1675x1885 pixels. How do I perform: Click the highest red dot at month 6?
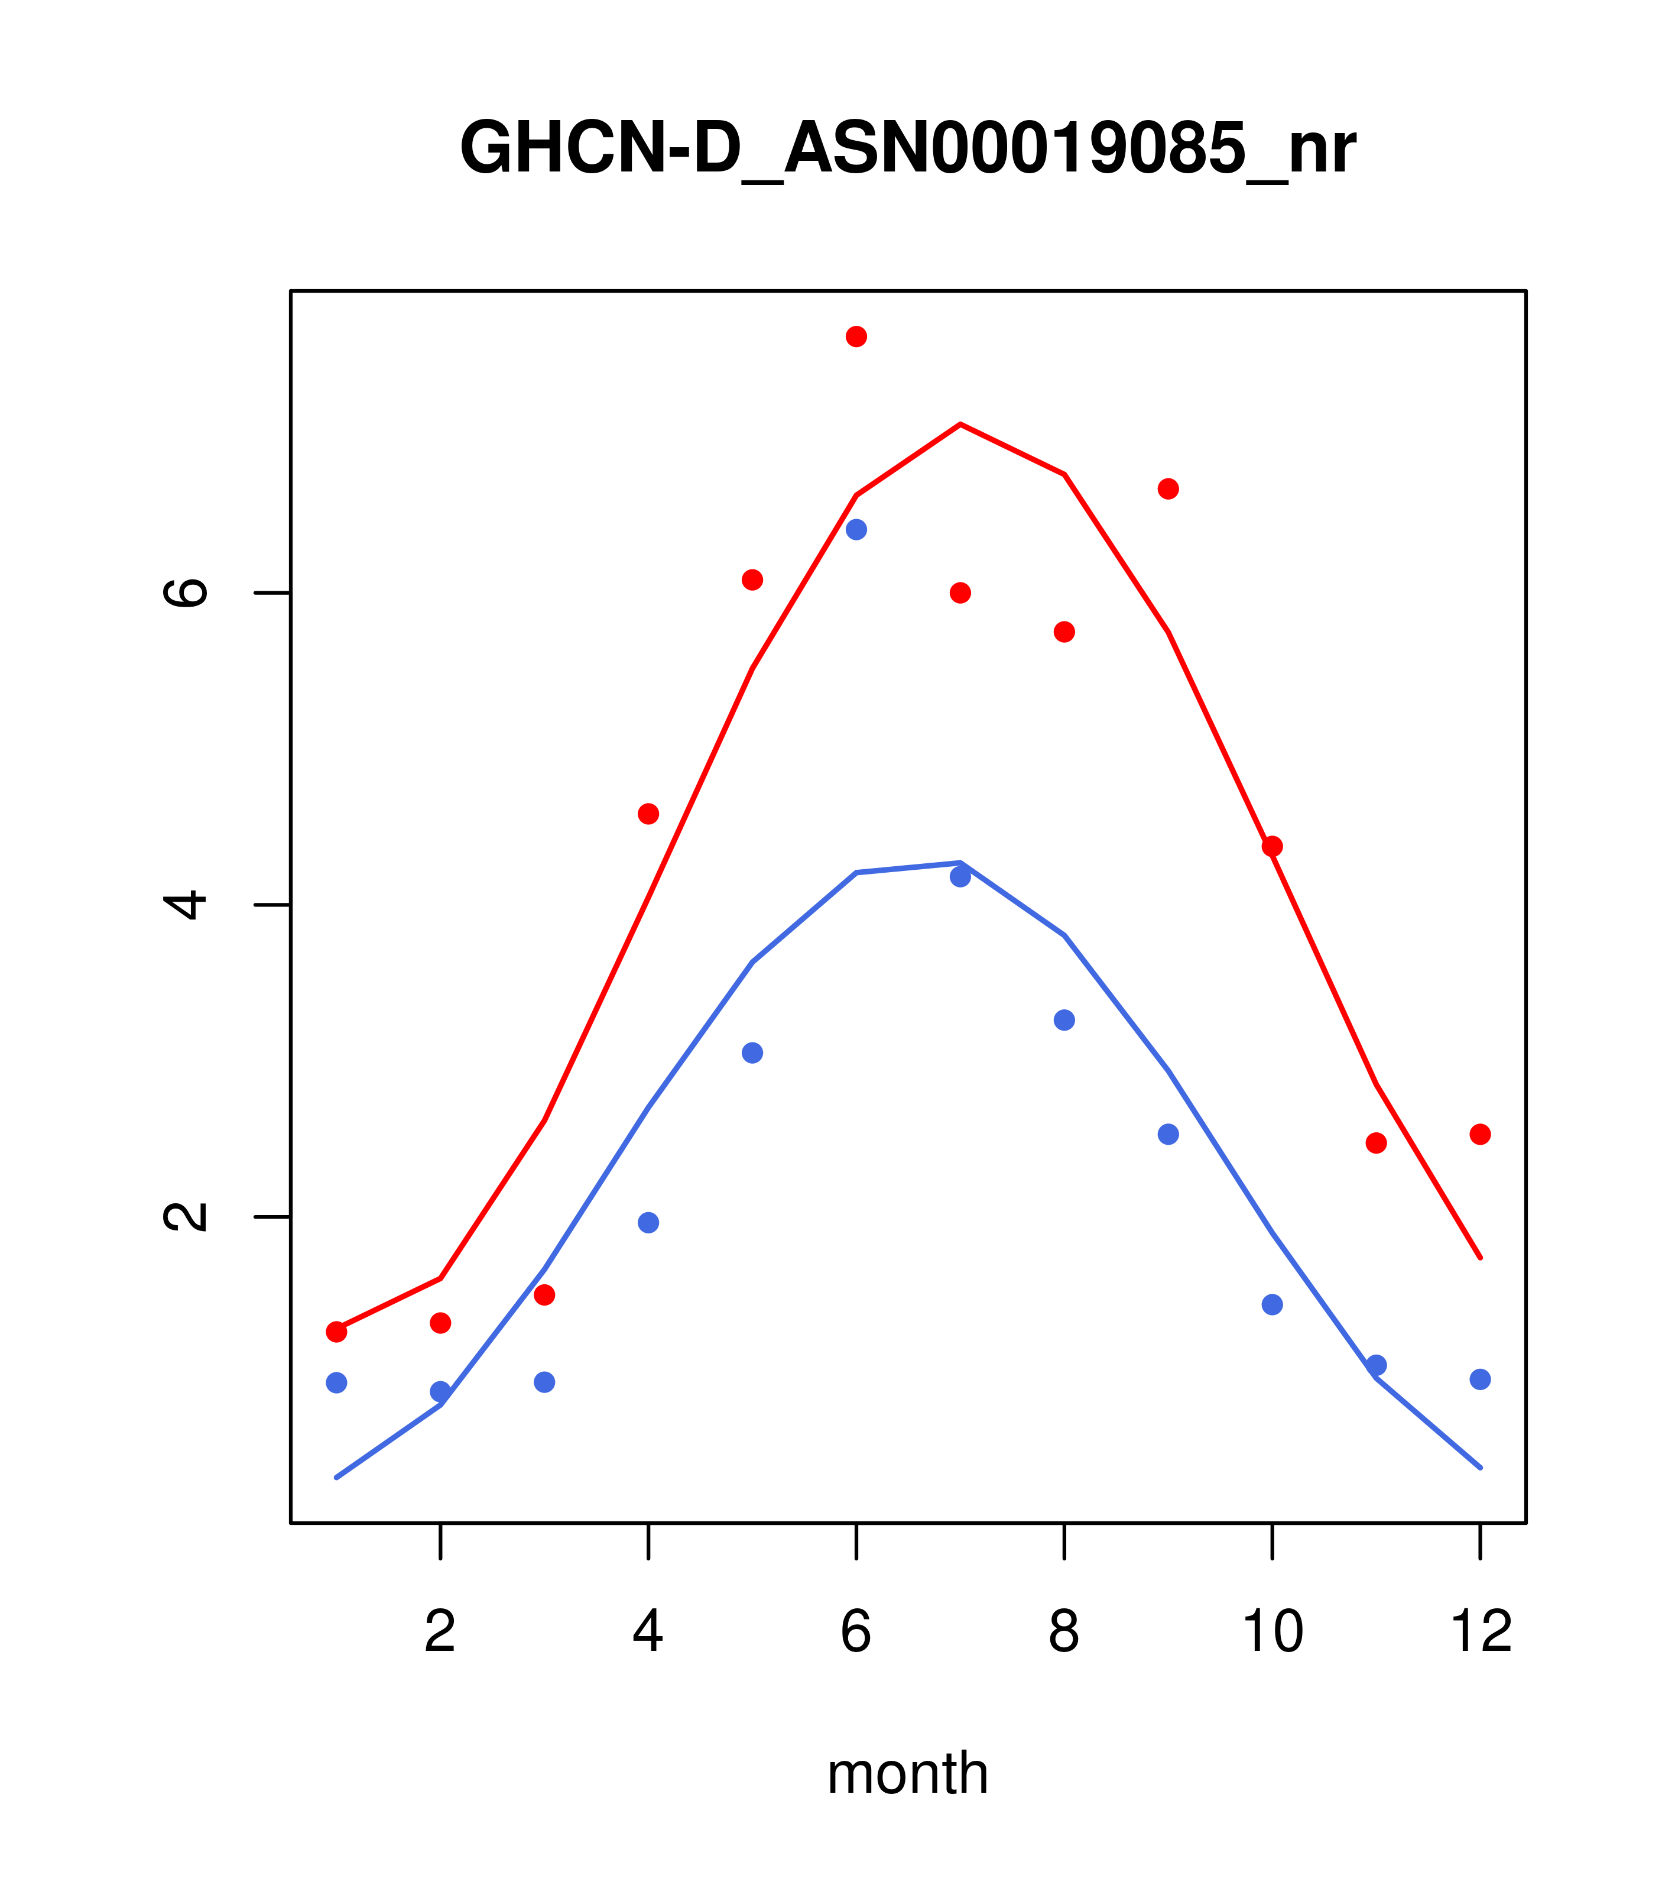click(856, 336)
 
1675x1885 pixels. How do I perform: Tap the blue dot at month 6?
click(856, 529)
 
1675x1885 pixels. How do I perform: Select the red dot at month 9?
click(1168, 489)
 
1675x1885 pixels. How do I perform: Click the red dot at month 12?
click(1481, 1134)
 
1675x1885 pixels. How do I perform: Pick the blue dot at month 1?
click(336, 1382)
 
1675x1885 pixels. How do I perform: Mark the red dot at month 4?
click(648, 814)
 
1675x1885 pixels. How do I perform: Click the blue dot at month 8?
click(1064, 1020)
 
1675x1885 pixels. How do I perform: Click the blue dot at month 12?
click(1481, 1379)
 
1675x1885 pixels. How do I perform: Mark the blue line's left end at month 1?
click(336, 1478)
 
